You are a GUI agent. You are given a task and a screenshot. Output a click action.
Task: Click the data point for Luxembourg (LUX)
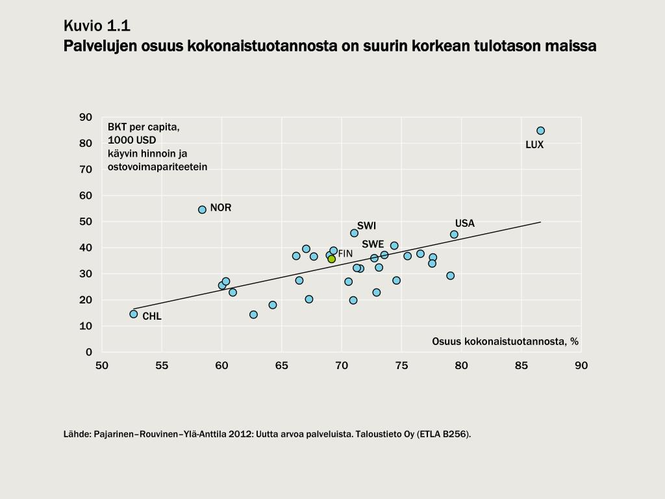[x=540, y=131]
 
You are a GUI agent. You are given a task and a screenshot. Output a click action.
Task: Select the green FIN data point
[x=331, y=259]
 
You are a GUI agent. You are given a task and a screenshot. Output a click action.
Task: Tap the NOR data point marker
[x=202, y=209]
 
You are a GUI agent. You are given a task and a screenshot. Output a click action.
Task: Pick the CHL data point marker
[x=134, y=314]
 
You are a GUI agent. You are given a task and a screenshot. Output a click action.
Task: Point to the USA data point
[x=454, y=235]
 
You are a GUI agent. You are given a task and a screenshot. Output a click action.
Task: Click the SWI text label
[x=366, y=226]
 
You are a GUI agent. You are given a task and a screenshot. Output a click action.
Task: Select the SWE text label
[x=373, y=244]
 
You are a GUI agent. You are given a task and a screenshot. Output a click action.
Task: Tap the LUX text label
[x=534, y=145]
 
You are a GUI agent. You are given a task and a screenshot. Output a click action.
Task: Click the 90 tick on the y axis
[x=86, y=117]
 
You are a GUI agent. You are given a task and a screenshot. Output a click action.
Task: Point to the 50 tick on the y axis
[x=86, y=222]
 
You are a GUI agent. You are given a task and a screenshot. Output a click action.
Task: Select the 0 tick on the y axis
[x=89, y=352]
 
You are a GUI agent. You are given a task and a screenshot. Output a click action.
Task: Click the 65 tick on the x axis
[x=281, y=366]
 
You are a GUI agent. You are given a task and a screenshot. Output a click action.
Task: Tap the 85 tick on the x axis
[x=521, y=366]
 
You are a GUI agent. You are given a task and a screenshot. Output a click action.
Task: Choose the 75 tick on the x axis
[x=401, y=366]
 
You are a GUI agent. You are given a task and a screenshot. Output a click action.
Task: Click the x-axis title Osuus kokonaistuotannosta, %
[x=505, y=341]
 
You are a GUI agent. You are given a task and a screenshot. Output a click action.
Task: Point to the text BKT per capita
[x=144, y=127]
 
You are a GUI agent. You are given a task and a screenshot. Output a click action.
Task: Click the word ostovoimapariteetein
[x=157, y=166]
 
